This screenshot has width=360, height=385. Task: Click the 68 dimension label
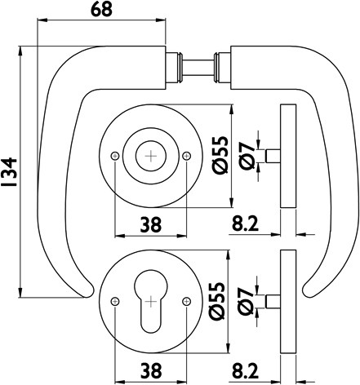tap(101, 10)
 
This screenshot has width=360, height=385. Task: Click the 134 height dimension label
tap(9, 172)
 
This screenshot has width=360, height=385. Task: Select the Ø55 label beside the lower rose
tap(217, 300)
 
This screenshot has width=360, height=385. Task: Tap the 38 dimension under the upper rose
tap(151, 225)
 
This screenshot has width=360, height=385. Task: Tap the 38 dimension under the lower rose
tap(151, 370)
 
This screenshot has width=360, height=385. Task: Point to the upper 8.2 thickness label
tap(245, 224)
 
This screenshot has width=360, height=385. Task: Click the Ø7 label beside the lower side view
tap(245, 301)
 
